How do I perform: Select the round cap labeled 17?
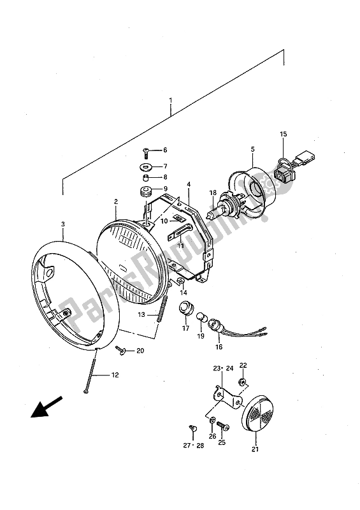point(185,309)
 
